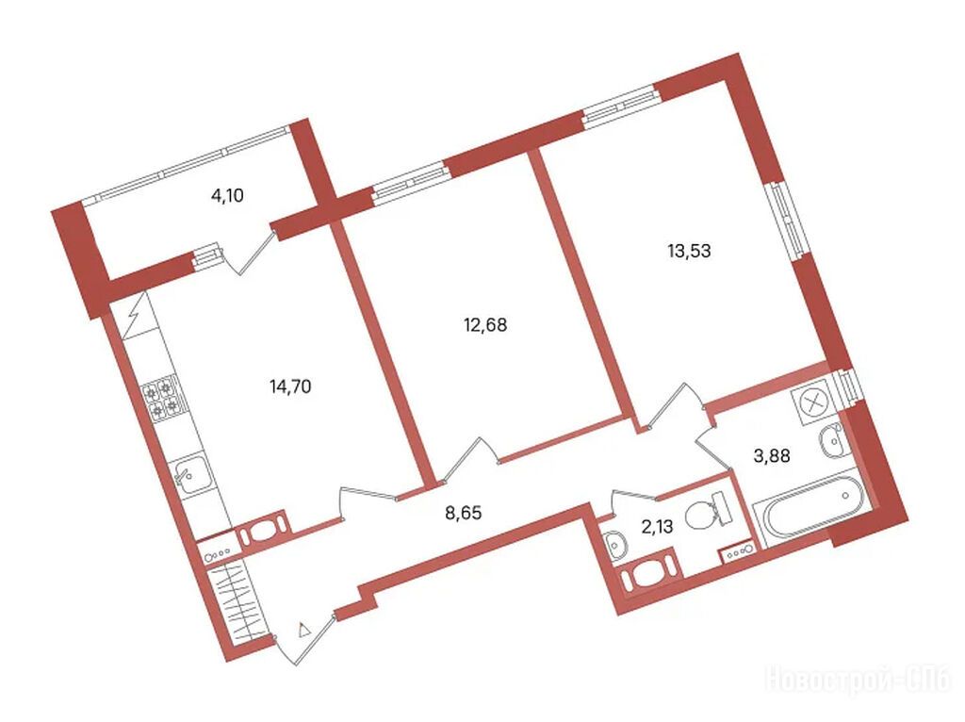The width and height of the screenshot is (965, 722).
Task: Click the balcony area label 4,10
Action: (227, 196)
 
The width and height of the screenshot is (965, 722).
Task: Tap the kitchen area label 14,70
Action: (290, 386)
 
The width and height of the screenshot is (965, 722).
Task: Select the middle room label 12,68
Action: (485, 324)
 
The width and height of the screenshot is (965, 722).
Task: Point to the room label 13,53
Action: (689, 251)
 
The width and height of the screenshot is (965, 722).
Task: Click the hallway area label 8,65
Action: (463, 512)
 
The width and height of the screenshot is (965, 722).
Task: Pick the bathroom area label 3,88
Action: (772, 455)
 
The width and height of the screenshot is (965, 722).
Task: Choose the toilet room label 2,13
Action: (657, 526)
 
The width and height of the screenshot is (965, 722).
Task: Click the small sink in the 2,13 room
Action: (614, 544)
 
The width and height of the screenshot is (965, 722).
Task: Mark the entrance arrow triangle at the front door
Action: (303, 631)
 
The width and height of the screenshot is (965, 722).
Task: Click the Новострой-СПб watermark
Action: (859, 680)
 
